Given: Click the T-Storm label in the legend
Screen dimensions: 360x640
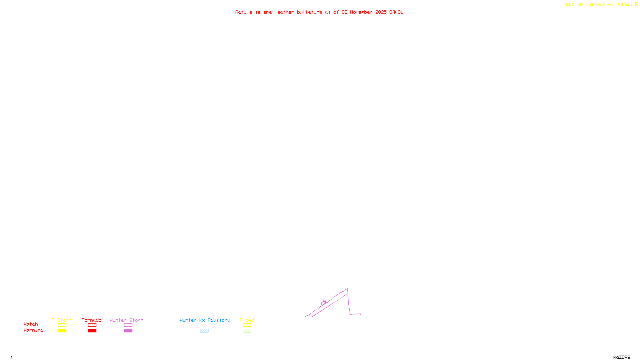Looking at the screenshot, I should (62, 320).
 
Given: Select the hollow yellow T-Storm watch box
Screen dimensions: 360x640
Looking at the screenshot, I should (62, 325).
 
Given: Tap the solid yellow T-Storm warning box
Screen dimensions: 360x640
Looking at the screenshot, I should (62, 331).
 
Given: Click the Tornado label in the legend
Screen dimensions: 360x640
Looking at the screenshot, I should (92, 320).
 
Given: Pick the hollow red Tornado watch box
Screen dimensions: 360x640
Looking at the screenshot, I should (92, 325).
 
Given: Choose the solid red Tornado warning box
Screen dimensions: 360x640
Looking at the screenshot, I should (92, 331).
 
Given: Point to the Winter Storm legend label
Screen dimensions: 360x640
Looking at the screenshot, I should (126, 320).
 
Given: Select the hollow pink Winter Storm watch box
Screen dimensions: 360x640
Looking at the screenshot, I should (128, 325).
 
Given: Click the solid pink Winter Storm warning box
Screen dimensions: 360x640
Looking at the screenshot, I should (128, 331).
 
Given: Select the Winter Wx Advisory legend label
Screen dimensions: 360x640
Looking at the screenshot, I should (205, 320).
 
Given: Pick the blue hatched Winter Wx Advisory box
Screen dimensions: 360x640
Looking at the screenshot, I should (204, 331).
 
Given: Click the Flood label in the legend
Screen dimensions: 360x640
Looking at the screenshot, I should (247, 320).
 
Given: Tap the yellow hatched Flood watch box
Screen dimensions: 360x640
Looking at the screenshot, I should (247, 325).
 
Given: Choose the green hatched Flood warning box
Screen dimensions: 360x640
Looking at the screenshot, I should (247, 331).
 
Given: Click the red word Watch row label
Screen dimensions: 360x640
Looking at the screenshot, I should (31, 324).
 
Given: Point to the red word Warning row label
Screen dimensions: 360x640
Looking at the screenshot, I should (34, 330).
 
